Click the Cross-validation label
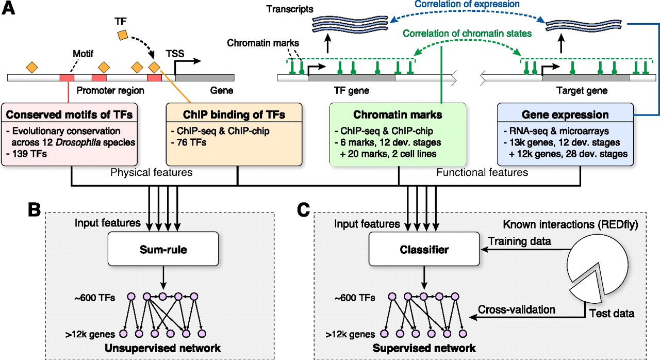click(517, 309)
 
